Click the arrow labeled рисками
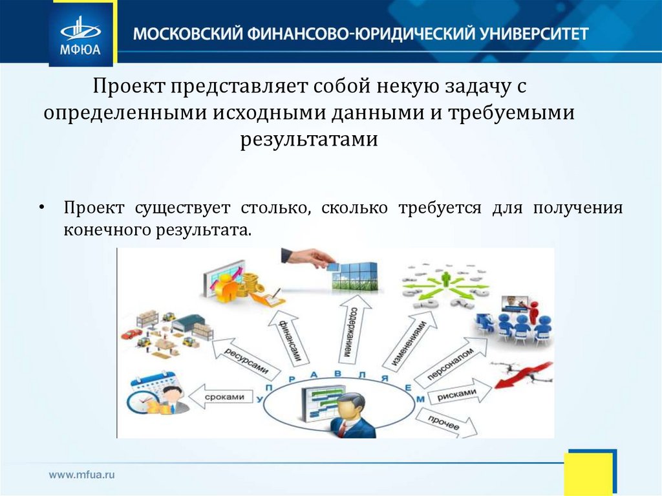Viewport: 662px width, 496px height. [x=456, y=394]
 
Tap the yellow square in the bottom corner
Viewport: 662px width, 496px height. [x=588, y=473]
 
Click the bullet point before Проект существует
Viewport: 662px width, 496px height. [x=41, y=209]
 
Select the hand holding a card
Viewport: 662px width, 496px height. [x=307, y=258]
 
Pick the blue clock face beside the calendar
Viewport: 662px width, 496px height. [x=140, y=402]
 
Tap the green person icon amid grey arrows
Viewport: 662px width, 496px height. [x=445, y=279]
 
